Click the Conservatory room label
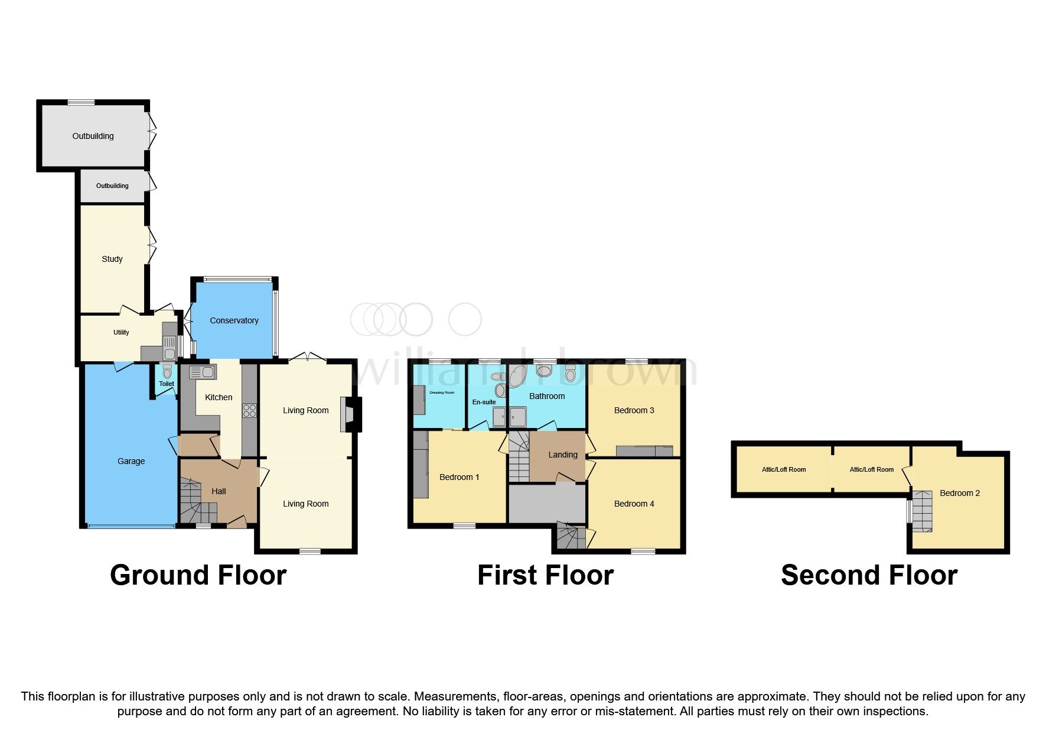[234, 320]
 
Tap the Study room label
[112, 259]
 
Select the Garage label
[131, 461]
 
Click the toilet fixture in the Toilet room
[167, 371]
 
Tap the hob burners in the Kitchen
[249, 410]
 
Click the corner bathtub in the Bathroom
[519, 376]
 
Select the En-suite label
[484, 402]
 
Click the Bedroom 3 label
[634, 410]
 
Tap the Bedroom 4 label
[634, 504]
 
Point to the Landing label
[562, 455]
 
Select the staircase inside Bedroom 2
[921, 511]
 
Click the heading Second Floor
[869, 575]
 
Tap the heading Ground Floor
[198, 575]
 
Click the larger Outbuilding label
[93, 136]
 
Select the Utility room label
[121, 332]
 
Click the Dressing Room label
[442, 393]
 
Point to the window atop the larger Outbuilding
[81, 103]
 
